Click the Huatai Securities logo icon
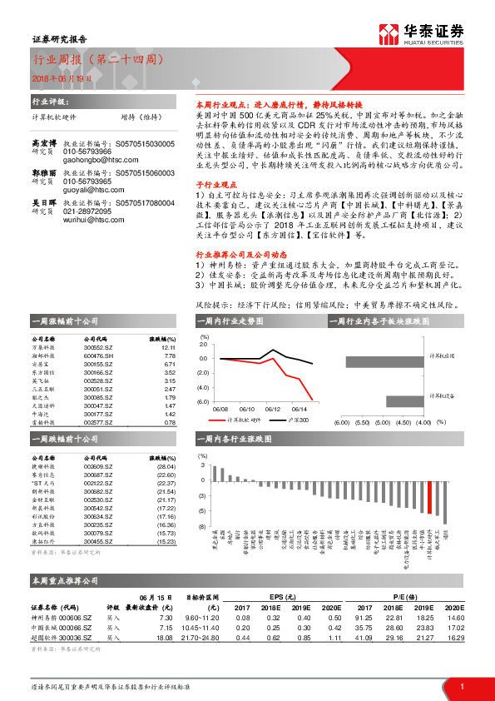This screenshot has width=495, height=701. tap(389, 33)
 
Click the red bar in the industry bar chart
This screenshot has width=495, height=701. tap(429, 497)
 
